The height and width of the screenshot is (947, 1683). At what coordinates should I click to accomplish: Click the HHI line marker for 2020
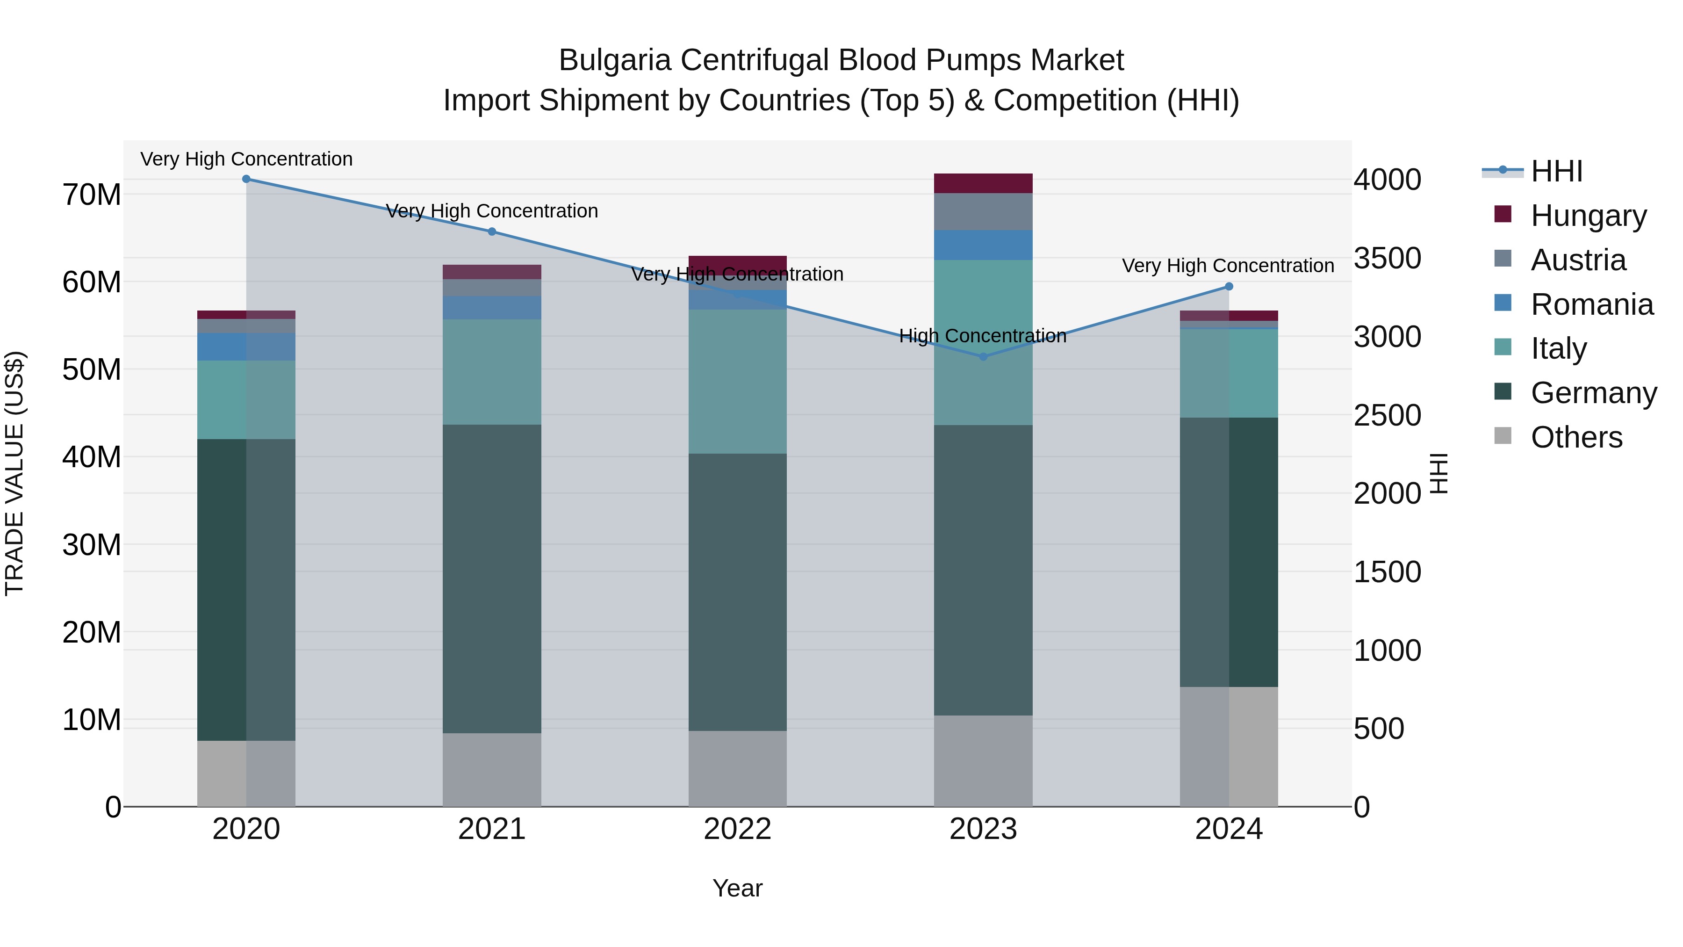(246, 179)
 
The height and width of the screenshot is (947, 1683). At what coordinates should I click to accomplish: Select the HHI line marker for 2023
(983, 357)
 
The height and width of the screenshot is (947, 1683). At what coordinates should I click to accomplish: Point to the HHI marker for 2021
(492, 231)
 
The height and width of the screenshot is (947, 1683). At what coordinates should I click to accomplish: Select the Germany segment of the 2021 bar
(492, 578)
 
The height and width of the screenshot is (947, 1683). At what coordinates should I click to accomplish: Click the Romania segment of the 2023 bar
(983, 245)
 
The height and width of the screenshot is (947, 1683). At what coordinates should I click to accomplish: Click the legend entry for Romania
(1591, 304)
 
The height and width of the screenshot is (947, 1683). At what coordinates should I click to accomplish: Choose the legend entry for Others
(1576, 437)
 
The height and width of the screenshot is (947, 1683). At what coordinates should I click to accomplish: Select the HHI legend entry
(1556, 171)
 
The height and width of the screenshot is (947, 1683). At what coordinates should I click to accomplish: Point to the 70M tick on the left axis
(92, 195)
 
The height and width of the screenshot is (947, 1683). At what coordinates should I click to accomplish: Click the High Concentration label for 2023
(983, 336)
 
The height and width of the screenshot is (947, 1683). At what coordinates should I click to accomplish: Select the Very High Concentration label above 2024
(1228, 266)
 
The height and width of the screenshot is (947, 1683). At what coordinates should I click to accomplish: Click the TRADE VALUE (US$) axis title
(14, 473)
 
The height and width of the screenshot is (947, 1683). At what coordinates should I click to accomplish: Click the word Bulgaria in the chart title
(615, 61)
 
